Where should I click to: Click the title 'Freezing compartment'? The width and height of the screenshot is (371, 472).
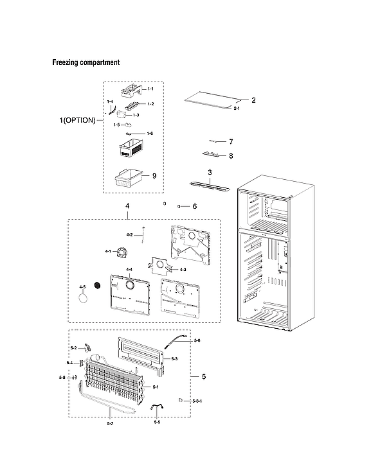86,63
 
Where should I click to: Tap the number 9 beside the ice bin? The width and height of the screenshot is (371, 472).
154,176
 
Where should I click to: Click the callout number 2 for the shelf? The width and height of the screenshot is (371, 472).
253,100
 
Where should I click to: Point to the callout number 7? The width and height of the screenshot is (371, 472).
230,141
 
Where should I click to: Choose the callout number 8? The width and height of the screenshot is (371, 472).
230,155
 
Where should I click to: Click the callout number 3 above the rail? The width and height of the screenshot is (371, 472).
210,173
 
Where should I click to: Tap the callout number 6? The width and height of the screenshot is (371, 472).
194,206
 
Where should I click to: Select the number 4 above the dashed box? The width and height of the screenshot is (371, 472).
127,206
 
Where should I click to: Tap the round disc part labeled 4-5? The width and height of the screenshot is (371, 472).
83,297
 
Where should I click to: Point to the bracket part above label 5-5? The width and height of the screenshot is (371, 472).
157,408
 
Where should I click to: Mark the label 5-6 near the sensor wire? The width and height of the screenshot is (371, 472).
197,340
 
